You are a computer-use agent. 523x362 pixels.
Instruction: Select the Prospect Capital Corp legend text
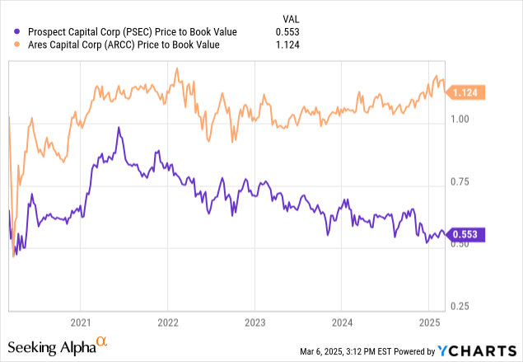click(131, 31)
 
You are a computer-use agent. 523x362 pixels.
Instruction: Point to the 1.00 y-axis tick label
click(461, 120)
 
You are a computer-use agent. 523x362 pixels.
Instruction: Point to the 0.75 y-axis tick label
click(461, 181)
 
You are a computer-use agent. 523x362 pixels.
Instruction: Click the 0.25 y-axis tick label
click(461, 306)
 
